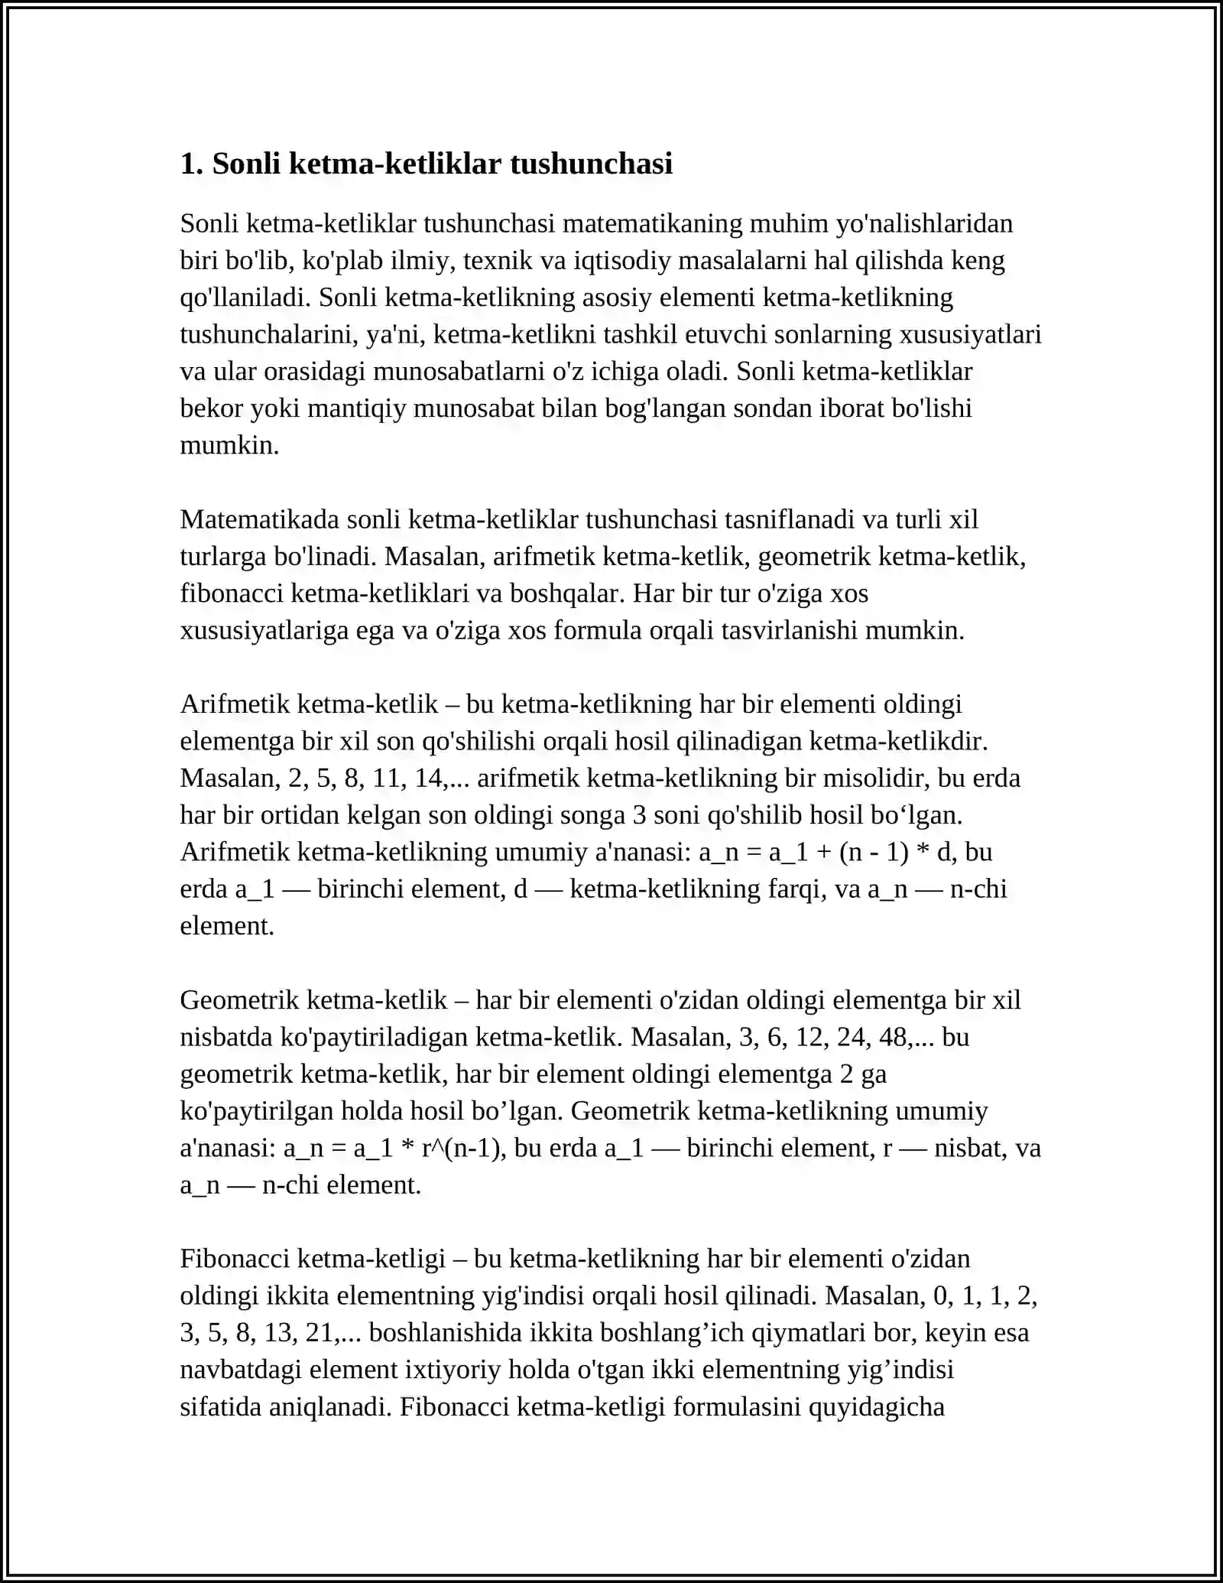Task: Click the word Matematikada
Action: click(x=260, y=518)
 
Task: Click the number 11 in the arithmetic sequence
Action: click(x=387, y=778)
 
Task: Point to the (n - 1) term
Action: click(x=874, y=851)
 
